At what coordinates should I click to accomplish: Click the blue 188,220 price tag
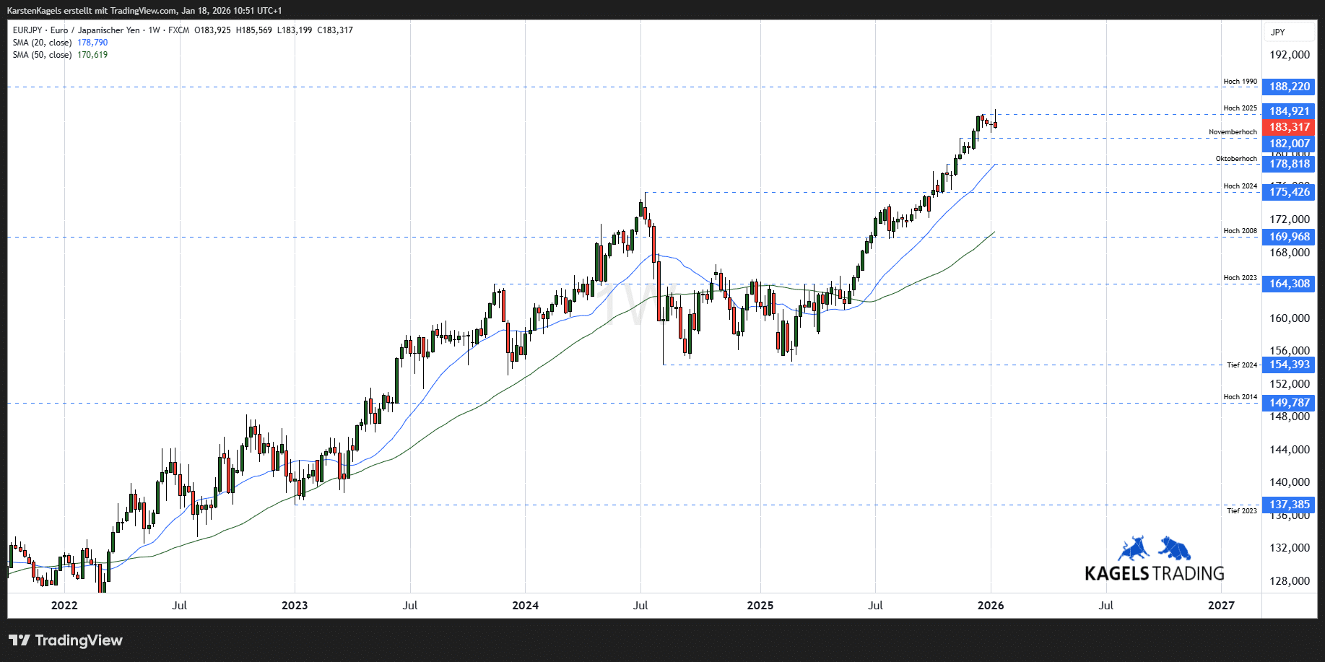[1289, 87]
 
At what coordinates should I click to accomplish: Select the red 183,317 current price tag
[1289, 127]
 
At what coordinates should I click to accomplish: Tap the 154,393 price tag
[1289, 365]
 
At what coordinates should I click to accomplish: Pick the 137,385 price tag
[1289, 505]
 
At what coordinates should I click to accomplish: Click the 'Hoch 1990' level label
[1240, 82]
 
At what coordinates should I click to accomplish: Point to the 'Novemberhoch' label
[1233, 132]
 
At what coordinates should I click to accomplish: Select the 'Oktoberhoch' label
[1236, 159]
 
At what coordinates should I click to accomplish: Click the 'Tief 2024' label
[1242, 365]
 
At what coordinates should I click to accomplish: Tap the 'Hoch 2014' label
[1240, 397]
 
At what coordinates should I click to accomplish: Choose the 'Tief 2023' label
[1242, 511]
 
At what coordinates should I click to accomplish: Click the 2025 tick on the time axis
[760, 605]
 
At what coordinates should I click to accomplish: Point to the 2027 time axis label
[1221, 605]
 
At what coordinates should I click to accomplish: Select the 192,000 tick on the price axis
[1290, 55]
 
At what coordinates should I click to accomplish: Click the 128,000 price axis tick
[1290, 581]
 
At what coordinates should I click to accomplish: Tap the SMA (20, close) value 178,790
[92, 43]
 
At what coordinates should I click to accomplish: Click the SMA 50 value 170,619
[92, 55]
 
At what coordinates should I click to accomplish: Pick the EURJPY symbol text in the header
[27, 30]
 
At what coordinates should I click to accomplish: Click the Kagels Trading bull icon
[1134, 549]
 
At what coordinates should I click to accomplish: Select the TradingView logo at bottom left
[66, 640]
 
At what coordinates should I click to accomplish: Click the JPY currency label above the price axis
[1278, 32]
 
